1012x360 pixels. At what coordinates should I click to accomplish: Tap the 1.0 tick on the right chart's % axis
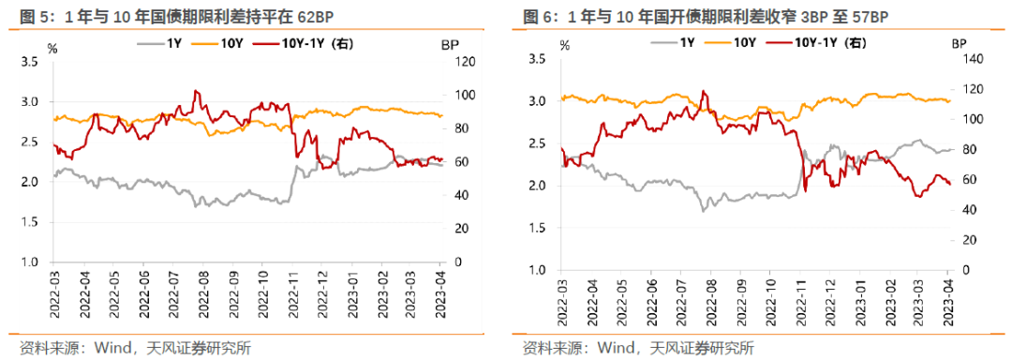point(537,270)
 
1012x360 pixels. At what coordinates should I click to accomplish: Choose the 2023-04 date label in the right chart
point(948,297)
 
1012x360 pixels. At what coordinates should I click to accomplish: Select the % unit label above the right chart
point(564,43)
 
